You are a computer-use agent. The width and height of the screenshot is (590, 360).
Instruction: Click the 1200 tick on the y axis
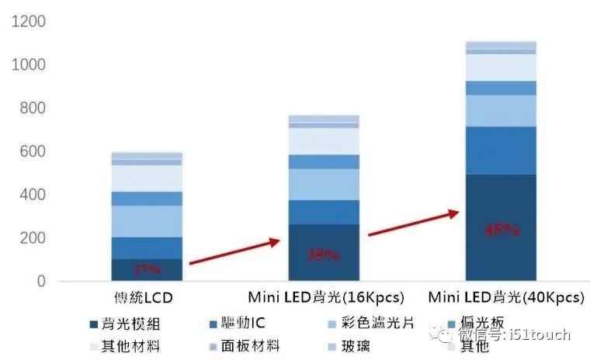(x=29, y=22)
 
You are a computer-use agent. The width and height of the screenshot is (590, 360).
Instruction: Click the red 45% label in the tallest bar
(x=501, y=230)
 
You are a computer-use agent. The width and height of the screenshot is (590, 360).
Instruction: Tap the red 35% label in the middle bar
(x=323, y=255)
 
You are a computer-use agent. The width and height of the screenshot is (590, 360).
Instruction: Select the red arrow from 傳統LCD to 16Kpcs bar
(x=234, y=253)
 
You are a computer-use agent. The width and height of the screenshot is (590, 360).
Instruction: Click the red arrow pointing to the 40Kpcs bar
(x=412, y=223)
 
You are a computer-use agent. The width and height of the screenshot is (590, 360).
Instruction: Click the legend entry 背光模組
(x=131, y=323)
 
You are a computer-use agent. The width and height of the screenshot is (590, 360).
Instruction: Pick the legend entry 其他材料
(x=131, y=346)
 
